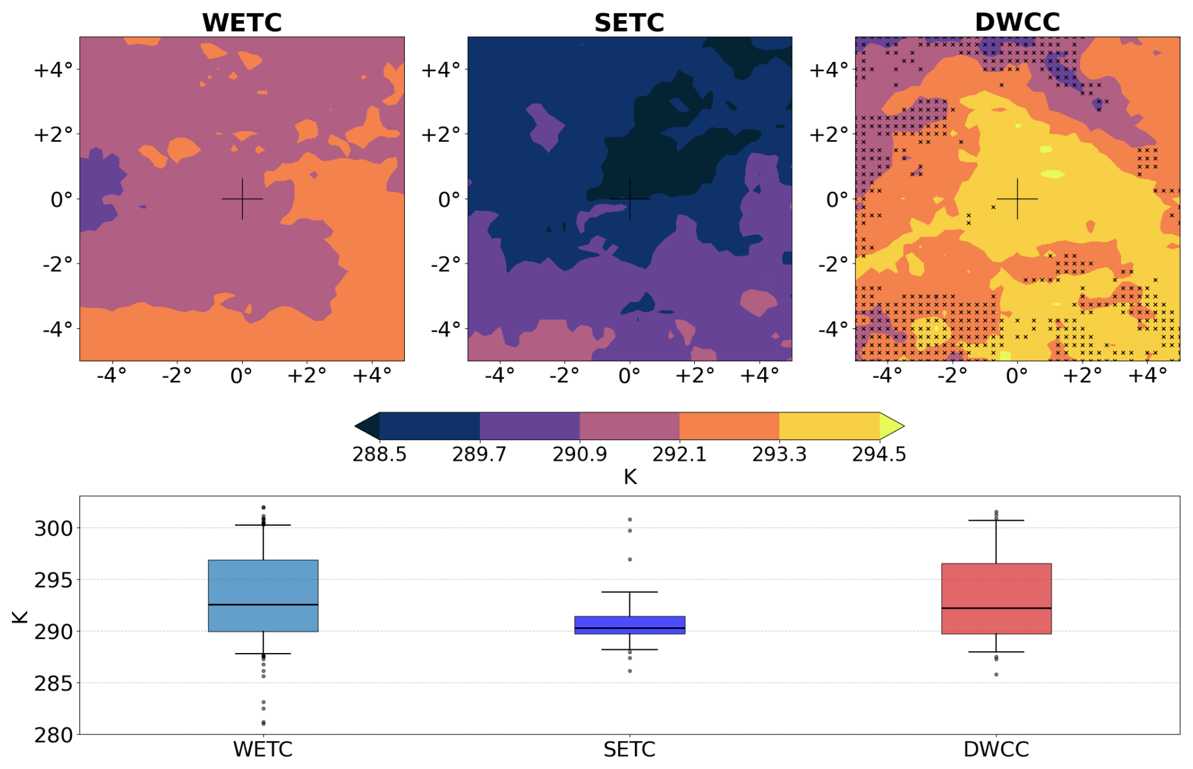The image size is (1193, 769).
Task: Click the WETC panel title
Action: (242, 23)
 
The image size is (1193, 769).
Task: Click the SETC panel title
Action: (629, 23)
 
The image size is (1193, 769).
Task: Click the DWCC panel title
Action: (1017, 23)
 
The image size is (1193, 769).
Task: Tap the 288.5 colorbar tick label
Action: (379, 454)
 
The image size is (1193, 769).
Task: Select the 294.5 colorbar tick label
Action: (879, 454)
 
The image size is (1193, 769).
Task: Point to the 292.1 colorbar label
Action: (679, 454)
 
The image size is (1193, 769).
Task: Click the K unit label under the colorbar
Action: (630, 477)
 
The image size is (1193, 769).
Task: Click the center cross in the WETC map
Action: (242, 199)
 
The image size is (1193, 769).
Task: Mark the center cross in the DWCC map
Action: (1017, 199)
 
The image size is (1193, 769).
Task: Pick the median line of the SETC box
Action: (629, 628)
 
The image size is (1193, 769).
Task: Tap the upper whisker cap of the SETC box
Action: (629, 592)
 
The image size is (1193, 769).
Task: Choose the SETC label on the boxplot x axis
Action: (629, 749)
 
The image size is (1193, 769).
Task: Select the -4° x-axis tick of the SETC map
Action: (499, 376)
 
